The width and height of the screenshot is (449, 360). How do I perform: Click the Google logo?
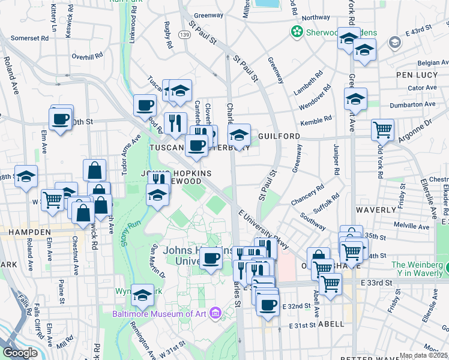20,352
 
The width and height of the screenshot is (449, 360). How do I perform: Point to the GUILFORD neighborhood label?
279,137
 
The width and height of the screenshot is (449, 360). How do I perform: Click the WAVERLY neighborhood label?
373,211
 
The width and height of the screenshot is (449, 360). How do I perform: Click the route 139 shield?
185,37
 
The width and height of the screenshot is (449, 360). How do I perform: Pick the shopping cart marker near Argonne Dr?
382,129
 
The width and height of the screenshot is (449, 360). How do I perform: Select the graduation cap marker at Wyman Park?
142,295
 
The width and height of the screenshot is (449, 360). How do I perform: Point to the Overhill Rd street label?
89,56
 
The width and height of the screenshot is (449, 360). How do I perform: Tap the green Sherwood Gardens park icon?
296,31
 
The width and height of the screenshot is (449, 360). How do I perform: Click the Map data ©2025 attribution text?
424,356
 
